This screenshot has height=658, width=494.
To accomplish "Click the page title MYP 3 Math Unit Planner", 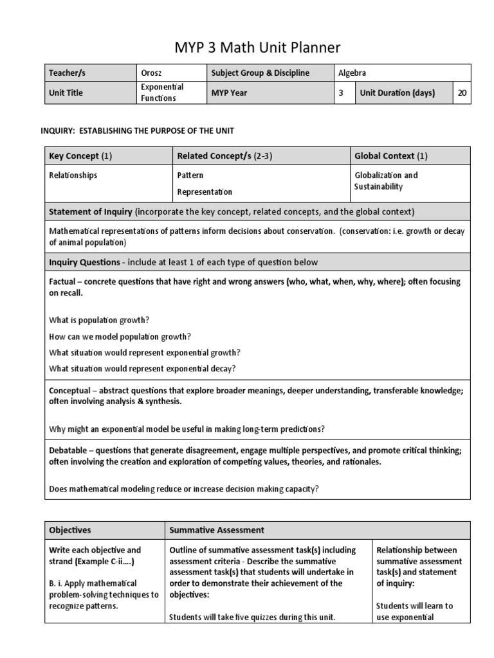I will click(x=248, y=47).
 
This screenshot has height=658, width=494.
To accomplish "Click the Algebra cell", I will click(x=353, y=73).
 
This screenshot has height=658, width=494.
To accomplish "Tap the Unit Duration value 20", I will click(x=462, y=93).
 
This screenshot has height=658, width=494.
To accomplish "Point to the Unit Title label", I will click(x=66, y=93).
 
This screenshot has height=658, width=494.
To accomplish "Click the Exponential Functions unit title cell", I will click(x=162, y=93).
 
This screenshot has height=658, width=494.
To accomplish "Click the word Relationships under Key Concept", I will click(x=73, y=175).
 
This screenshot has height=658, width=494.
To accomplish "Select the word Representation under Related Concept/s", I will click(x=205, y=191).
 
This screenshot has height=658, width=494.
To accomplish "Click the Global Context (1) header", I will click(x=391, y=156).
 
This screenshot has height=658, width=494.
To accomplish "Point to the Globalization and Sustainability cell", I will click(x=386, y=181).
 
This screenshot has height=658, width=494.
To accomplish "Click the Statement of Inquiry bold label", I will click(x=91, y=211).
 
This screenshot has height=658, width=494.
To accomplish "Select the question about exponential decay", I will click(x=142, y=368).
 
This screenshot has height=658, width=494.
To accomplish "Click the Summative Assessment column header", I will click(x=216, y=530).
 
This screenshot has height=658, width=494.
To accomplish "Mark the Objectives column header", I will click(x=70, y=530).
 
